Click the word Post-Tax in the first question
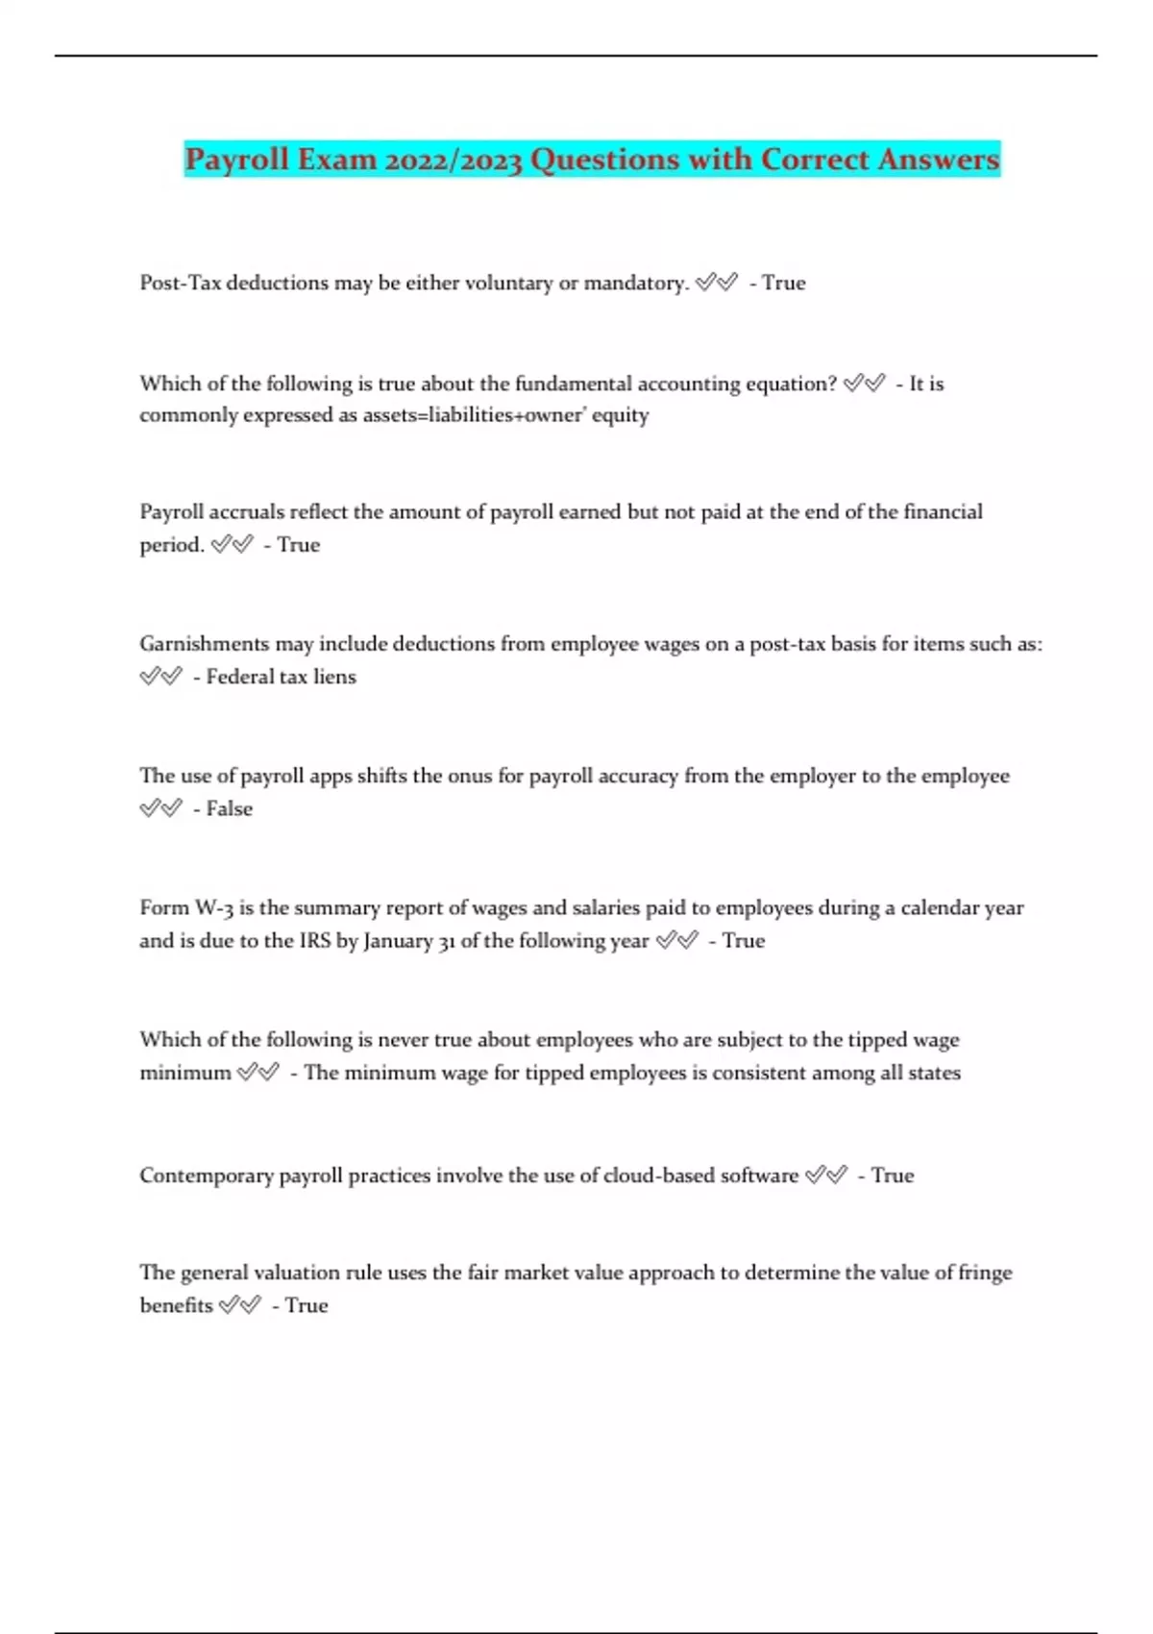(181, 283)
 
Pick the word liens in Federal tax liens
(334, 677)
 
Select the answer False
(229, 809)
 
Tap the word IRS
(315, 941)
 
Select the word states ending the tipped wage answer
(934, 1073)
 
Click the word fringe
(985, 1273)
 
